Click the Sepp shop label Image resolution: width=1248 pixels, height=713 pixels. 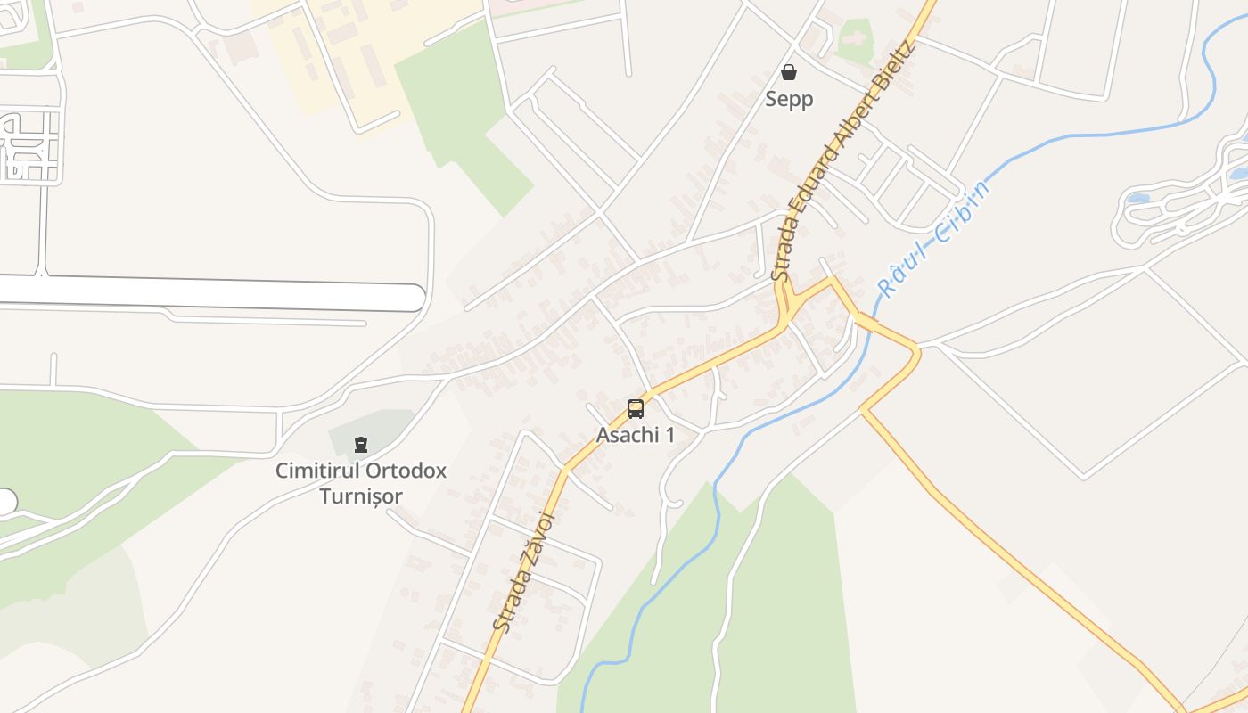coord(789,99)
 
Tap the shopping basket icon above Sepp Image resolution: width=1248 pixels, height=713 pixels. coord(789,72)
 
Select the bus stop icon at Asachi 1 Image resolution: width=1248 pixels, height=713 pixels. coord(636,409)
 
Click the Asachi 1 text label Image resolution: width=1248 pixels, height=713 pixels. coord(636,435)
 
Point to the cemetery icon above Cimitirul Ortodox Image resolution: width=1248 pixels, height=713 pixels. coord(361,444)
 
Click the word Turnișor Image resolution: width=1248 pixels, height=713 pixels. coord(361,496)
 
